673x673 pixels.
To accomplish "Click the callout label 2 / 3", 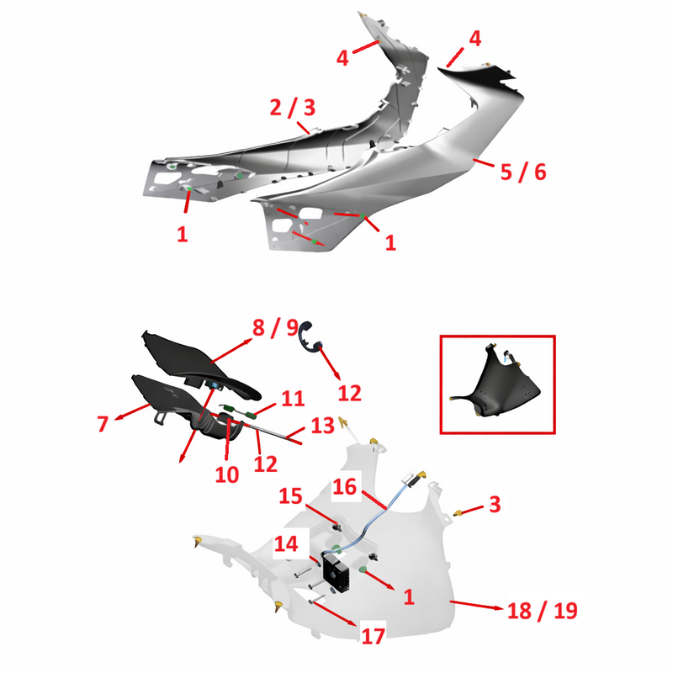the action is point(293,108).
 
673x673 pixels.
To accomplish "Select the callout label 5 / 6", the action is point(523,172).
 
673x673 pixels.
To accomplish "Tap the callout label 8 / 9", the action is point(276,327).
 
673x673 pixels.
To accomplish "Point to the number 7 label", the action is point(103,424).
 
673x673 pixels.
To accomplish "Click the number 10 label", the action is point(226,474).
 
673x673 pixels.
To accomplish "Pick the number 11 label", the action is point(293,399).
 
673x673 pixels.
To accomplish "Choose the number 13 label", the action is point(322,426).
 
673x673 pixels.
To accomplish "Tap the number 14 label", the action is point(286,543).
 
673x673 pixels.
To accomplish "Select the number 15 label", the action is point(290,496).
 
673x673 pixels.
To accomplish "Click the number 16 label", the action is point(345,487).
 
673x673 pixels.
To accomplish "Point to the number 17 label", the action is point(373,637).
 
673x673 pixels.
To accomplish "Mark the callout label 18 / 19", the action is point(543,611).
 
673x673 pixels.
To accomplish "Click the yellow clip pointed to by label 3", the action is point(458,513).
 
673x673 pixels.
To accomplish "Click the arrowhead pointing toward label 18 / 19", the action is point(498,607).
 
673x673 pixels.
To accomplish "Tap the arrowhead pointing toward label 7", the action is point(118,416).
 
